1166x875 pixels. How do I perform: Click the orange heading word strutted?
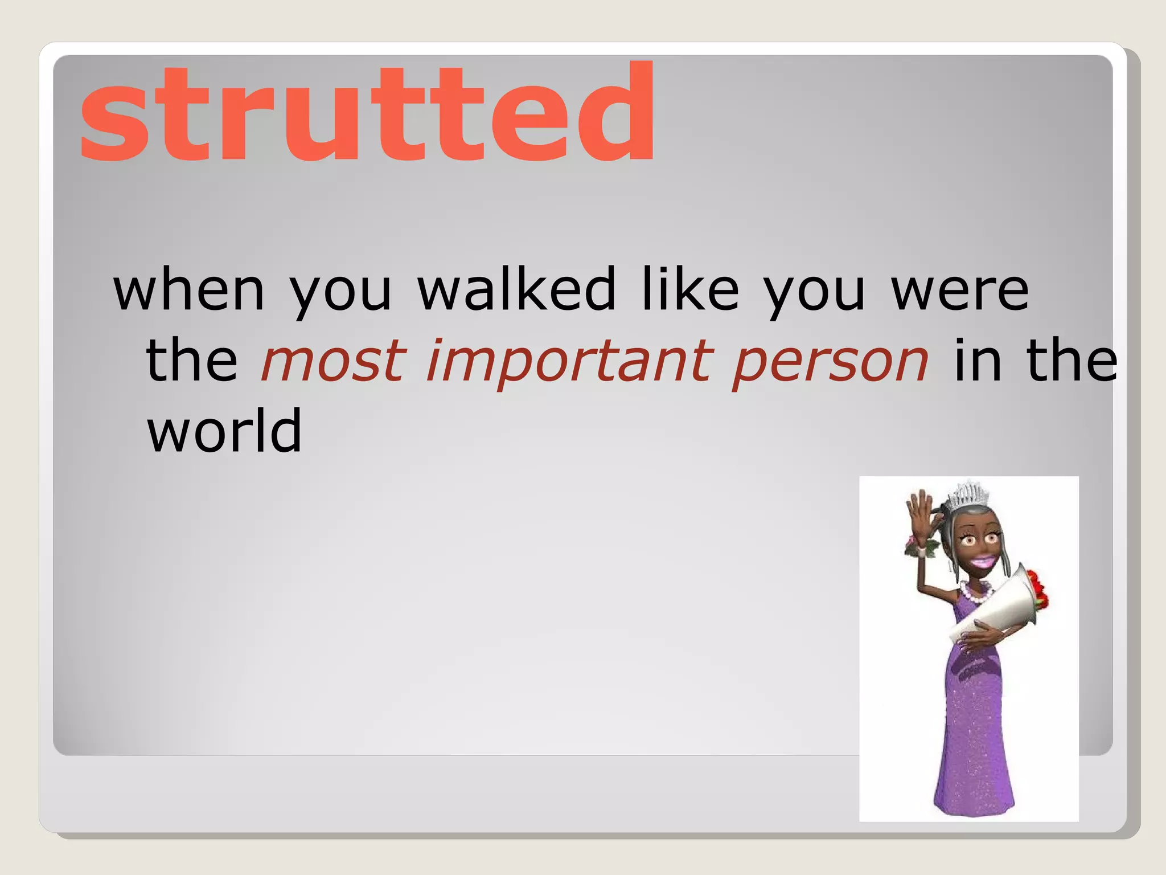[367, 114]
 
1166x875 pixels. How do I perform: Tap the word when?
[189, 291]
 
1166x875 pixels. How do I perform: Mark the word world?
[224, 431]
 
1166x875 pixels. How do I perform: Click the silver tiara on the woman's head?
[967, 493]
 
